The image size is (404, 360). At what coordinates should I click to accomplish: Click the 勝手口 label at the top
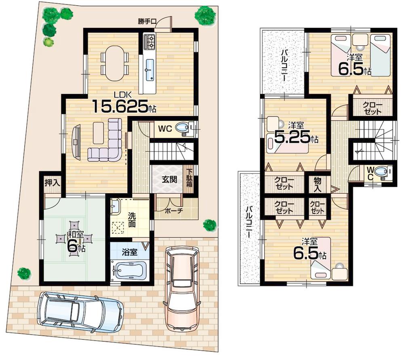coord(147,22)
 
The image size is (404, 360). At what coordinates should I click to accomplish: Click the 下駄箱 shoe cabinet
coord(189,179)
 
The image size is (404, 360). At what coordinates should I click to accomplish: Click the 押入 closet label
coord(53,182)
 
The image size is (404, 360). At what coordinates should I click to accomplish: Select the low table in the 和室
coord(74,239)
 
